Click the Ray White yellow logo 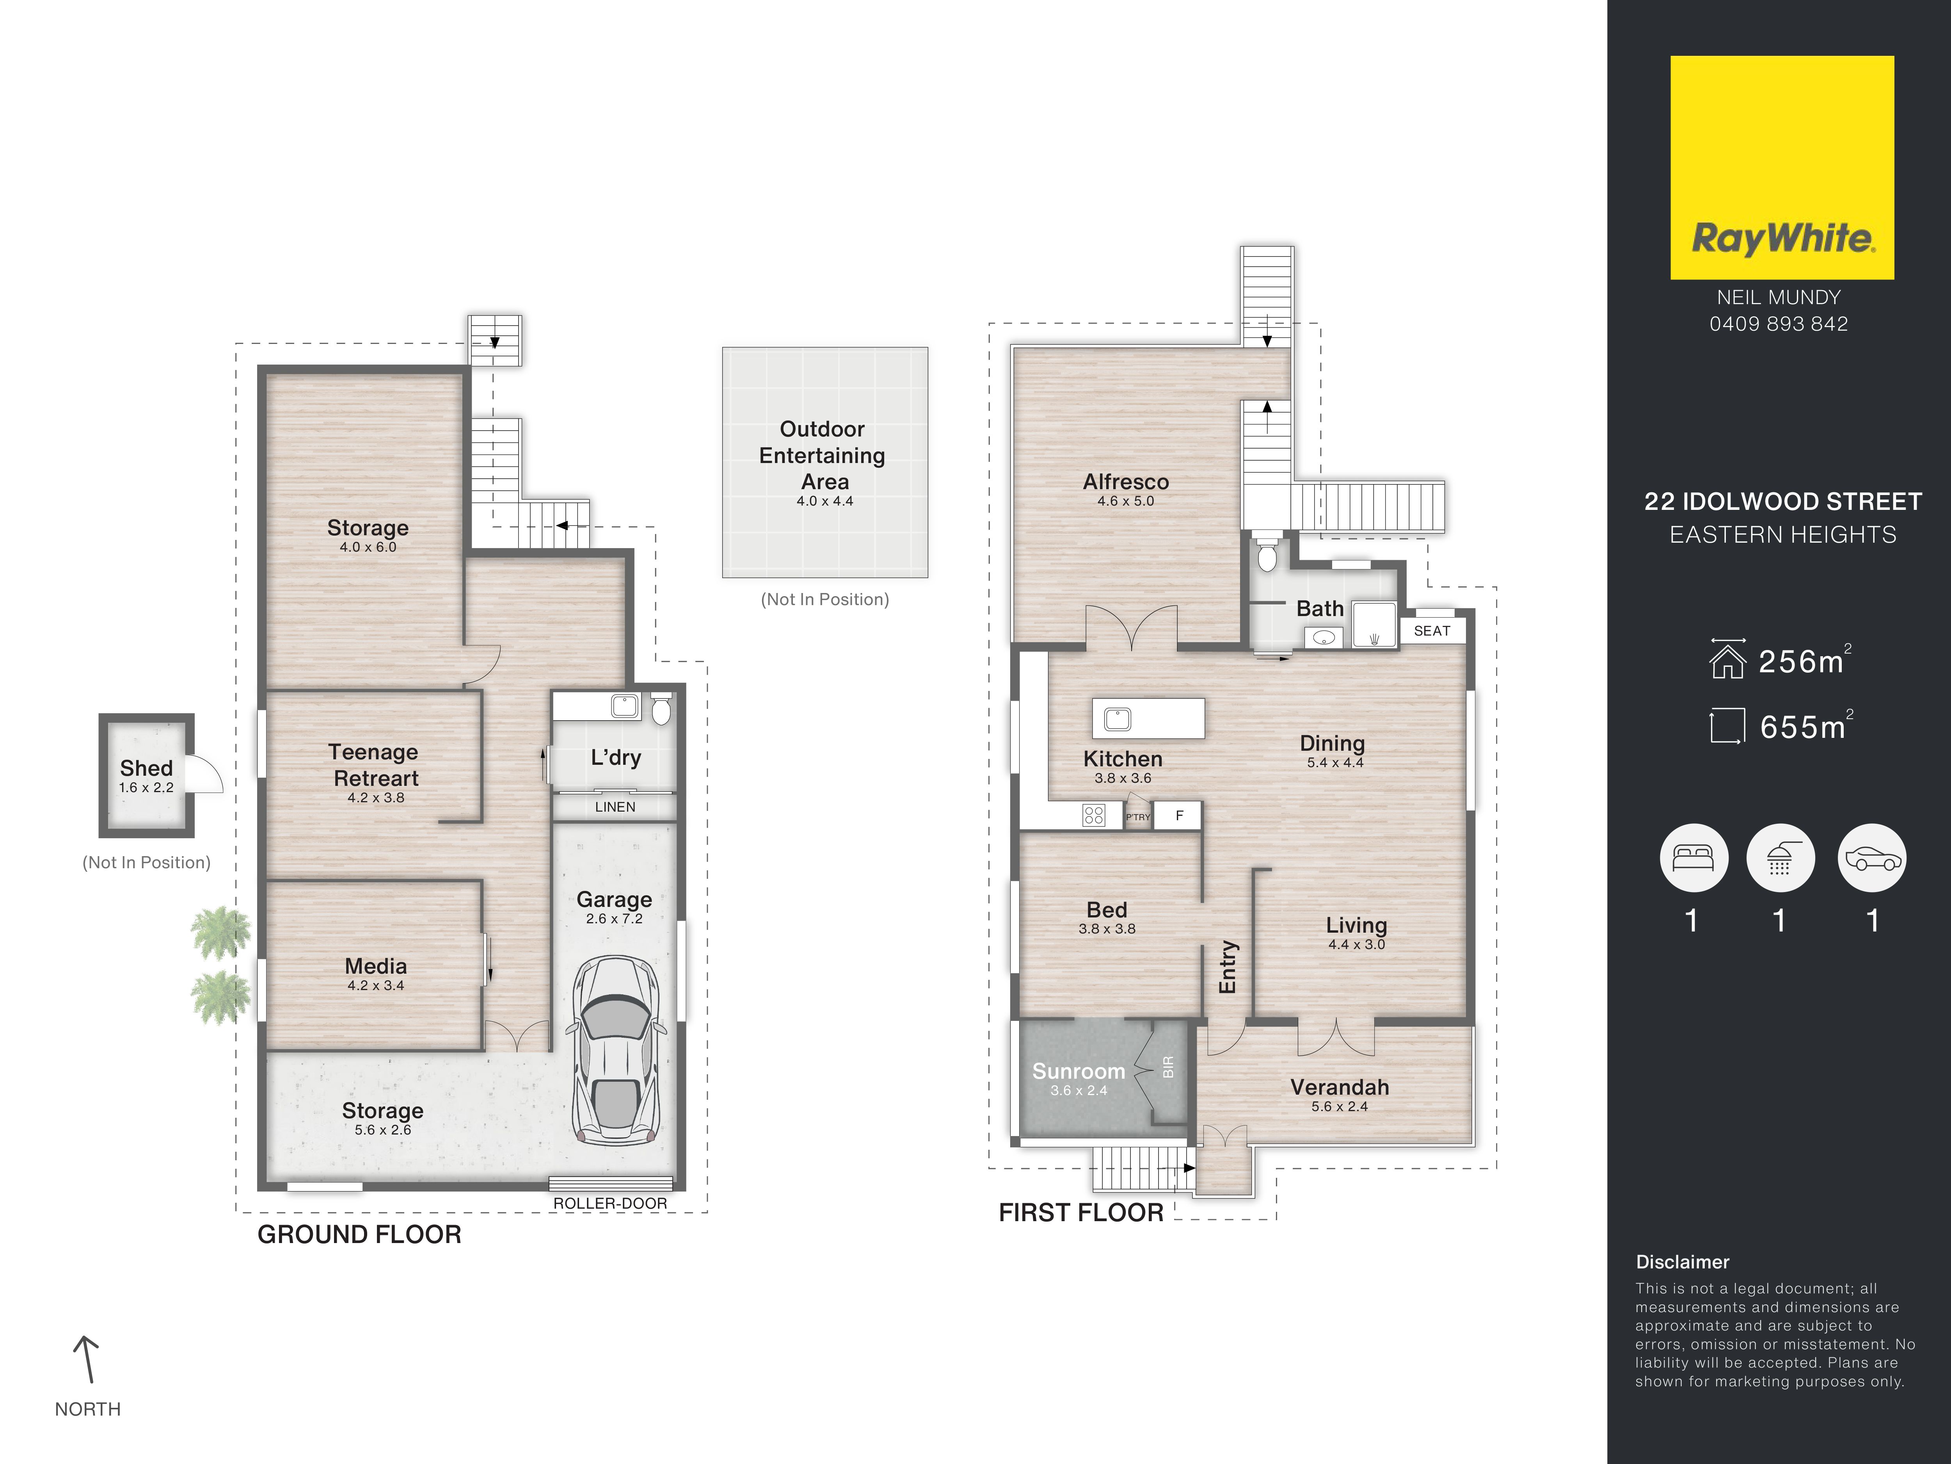[1782, 167]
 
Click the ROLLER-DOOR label [610, 1203]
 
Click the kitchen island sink [1118, 718]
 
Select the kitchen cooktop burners [1094, 816]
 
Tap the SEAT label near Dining [1432, 631]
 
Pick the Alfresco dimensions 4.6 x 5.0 [1125, 500]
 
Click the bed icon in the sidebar [1693, 858]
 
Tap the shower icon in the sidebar [1780, 858]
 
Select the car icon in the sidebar [1872, 858]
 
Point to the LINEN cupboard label [615, 807]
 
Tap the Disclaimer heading [1682, 1262]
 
